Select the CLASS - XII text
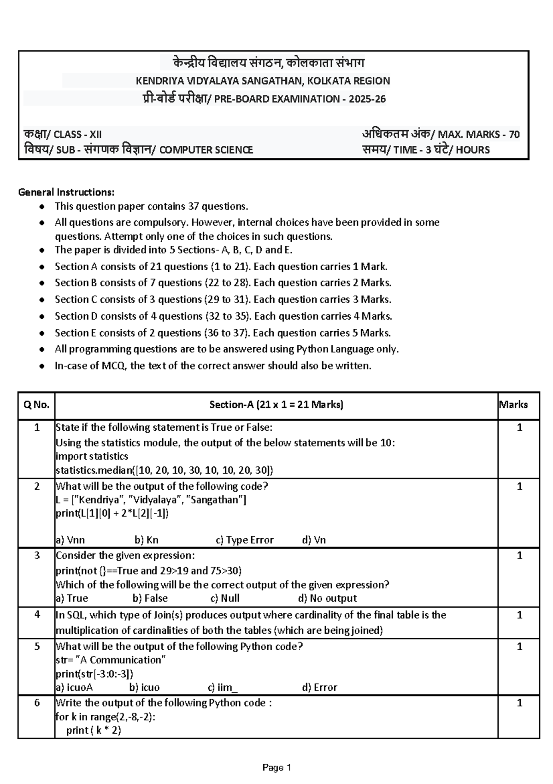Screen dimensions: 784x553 pos(77,135)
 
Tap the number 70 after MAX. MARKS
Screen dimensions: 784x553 pos(514,135)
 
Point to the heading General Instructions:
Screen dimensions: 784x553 pos(66,192)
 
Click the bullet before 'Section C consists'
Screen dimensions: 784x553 pos(42,300)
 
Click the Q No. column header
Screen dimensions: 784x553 pos(36,405)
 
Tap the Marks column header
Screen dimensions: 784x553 pos(513,405)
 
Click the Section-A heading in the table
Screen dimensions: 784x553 pos(276,405)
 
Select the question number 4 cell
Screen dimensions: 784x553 pos(36,615)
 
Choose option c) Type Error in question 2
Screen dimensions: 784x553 pos(244,540)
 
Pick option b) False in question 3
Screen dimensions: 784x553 pos(150,599)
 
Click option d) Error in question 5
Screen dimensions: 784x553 pos(319,688)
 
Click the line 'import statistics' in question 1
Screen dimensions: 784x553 pos(92,457)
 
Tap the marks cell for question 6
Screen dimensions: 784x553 pos(519,703)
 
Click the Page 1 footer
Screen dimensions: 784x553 pos(276,768)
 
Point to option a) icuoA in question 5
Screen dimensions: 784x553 pos(74,688)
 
